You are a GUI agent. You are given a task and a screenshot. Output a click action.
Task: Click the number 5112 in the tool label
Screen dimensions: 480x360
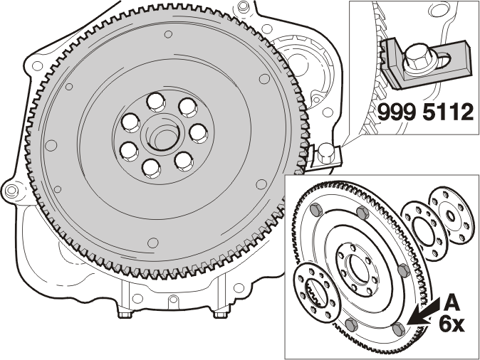(449, 112)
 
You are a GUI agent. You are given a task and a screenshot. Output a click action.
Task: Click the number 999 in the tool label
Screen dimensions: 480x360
(397, 112)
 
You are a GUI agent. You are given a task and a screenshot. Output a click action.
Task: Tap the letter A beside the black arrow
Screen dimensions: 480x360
(452, 302)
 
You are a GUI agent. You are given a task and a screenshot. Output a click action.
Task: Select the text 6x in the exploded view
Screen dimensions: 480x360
(452, 323)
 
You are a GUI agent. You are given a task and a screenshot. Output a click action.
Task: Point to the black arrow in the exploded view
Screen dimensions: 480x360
(424, 312)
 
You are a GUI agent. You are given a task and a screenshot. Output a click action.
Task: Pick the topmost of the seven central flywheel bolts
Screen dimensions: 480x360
(156, 102)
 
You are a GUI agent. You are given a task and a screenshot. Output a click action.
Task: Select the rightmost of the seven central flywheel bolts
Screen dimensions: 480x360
(199, 133)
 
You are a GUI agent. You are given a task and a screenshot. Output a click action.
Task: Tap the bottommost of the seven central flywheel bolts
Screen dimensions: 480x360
(151, 168)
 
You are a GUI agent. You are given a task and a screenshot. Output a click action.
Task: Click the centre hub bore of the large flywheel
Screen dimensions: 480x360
(160, 135)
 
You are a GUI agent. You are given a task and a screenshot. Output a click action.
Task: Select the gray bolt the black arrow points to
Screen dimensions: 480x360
(399, 329)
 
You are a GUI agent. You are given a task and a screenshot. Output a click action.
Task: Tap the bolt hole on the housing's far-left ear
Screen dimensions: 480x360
(11, 191)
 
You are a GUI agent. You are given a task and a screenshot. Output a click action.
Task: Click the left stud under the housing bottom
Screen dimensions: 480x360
(125, 314)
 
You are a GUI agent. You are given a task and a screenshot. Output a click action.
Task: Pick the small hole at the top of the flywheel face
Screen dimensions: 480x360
(168, 34)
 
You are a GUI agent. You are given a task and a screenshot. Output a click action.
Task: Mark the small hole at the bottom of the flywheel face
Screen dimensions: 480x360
(152, 243)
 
